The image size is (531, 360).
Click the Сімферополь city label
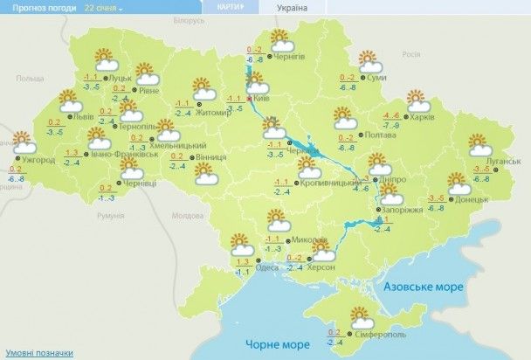click(x=379, y=334)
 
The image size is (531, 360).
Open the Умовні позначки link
click(x=36, y=352)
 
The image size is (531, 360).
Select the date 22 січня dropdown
click(x=103, y=7)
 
